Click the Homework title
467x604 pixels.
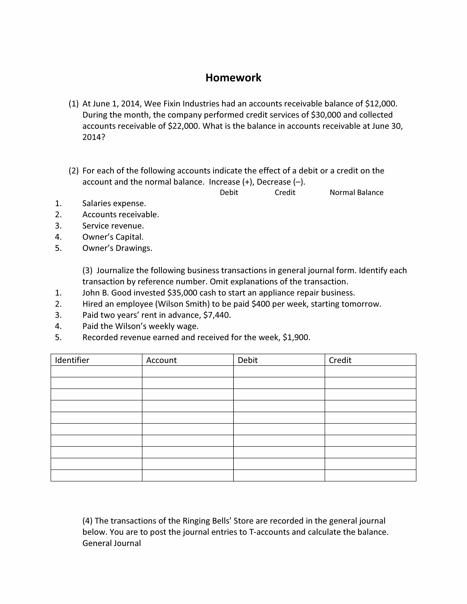point(233,78)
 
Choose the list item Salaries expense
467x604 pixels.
point(114,204)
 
